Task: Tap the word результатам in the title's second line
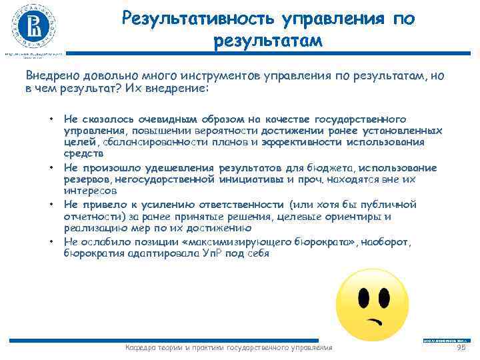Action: (x=268, y=41)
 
